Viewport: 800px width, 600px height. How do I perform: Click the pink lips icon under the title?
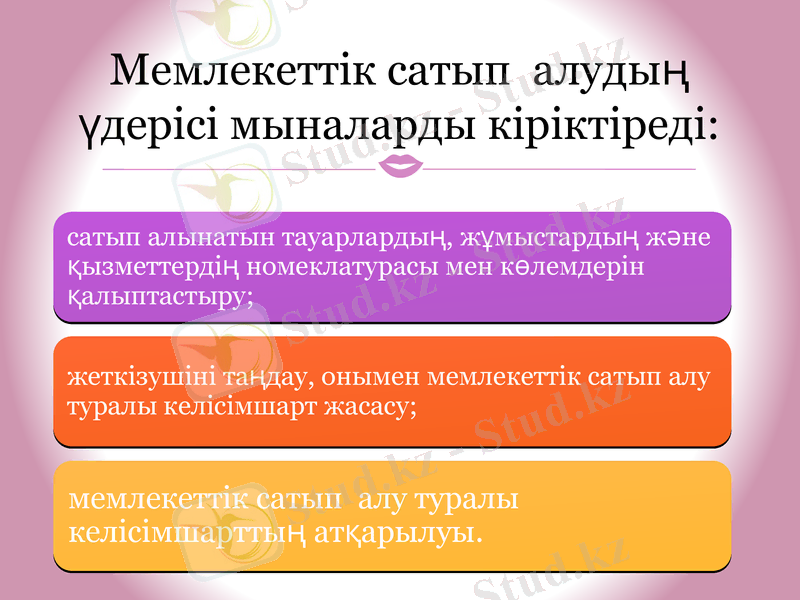click(400, 167)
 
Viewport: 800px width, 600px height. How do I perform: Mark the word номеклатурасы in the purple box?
click(357, 267)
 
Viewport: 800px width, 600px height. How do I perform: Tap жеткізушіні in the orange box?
click(130, 379)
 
